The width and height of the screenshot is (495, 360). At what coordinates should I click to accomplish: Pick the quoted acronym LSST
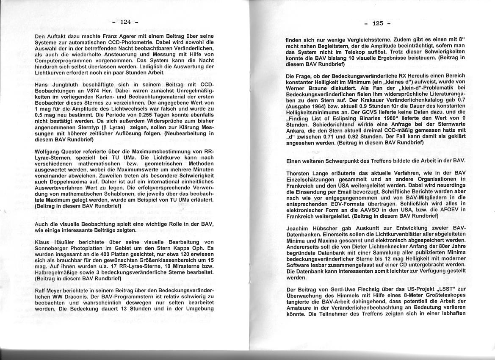click(x=437, y=290)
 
